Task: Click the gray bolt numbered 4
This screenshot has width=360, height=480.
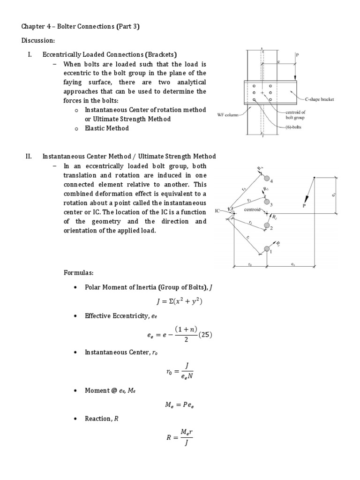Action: coord(267,178)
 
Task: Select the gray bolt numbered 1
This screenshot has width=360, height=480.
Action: coord(267,248)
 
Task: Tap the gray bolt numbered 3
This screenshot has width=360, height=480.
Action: coord(267,202)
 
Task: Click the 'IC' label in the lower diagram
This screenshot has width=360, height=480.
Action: coord(217,211)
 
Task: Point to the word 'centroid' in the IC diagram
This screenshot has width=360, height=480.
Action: coord(254,210)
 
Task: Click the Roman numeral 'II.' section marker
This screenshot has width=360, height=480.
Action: coord(28,157)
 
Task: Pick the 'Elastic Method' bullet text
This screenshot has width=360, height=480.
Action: coord(106,128)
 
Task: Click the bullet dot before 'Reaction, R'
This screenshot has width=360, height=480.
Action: coord(75,419)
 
